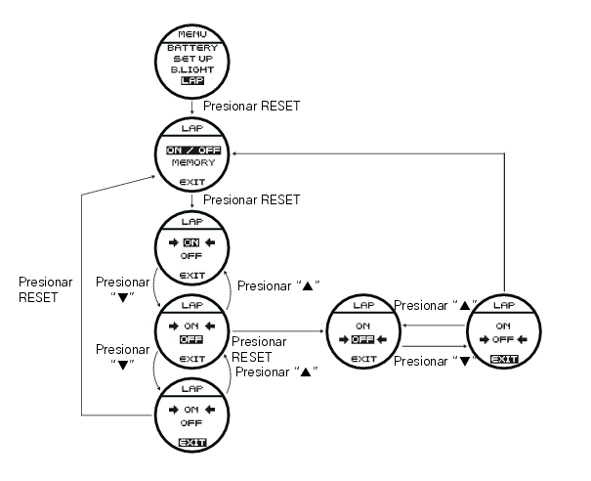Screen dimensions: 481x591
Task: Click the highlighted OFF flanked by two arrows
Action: [x=362, y=340]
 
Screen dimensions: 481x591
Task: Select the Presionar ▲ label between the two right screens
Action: [x=434, y=306]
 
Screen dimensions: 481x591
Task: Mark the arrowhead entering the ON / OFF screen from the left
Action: [x=153, y=176]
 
